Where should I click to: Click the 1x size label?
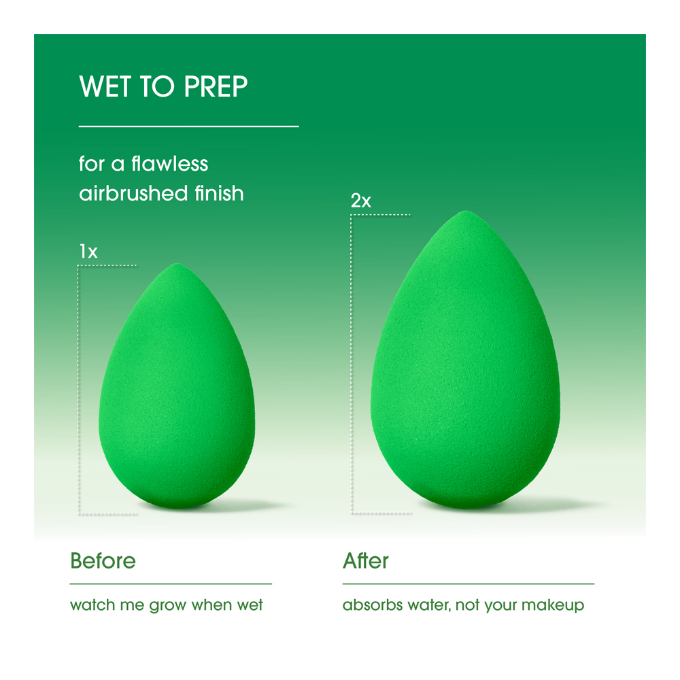(x=88, y=252)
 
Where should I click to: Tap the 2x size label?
(x=360, y=201)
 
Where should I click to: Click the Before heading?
(x=103, y=561)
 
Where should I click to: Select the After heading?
(x=366, y=561)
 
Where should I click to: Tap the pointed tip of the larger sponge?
(x=464, y=213)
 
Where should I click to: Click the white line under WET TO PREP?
(x=189, y=126)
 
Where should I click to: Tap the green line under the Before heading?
(x=171, y=583)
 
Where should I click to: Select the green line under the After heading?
(x=468, y=583)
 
